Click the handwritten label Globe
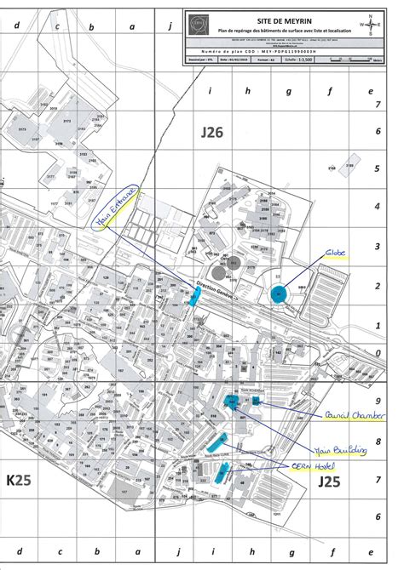point(334,254)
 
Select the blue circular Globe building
point(279,294)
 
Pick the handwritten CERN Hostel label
point(312,467)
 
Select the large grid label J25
point(331,482)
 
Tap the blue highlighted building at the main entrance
point(196,295)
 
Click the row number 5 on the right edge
point(378,169)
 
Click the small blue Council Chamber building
point(255,401)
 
